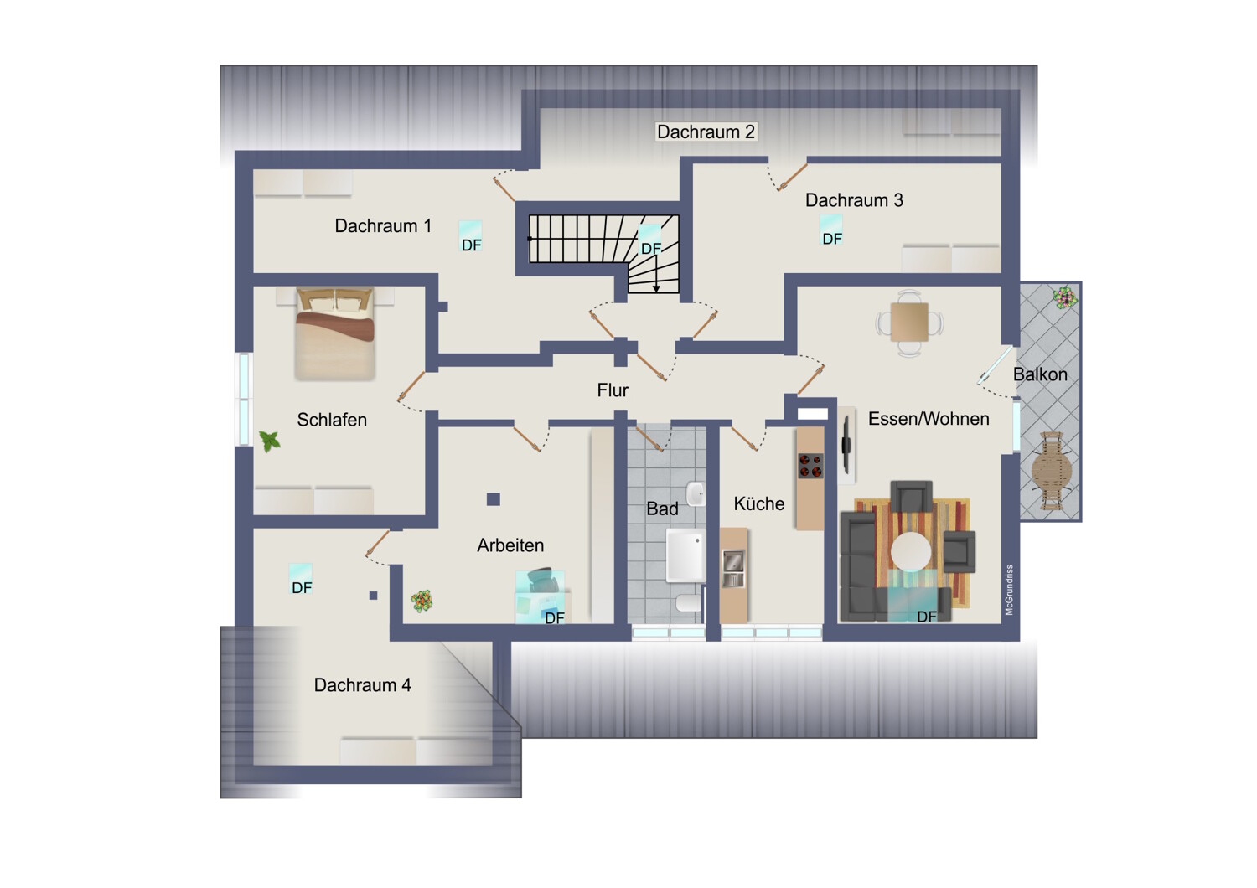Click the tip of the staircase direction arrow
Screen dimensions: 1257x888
coord(656,292)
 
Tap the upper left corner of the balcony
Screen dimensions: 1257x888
coord(1020,281)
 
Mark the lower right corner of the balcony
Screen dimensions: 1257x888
coord(1081,521)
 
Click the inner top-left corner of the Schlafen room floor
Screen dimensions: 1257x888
coord(254,287)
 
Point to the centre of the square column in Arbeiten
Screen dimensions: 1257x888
coord(494,499)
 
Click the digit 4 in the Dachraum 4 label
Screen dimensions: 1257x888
coord(406,685)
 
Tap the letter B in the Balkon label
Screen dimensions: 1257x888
coord(1019,374)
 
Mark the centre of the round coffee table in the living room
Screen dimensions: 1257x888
coord(910,551)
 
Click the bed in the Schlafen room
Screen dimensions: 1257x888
coord(335,333)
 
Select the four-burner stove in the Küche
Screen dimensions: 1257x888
coord(811,466)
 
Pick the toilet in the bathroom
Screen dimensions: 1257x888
coord(688,603)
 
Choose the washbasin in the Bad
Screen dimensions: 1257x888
coord(696,493)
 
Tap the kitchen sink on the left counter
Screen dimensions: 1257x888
coord(733,569)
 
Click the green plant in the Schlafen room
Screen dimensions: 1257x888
coord(270,441)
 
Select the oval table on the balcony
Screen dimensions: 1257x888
coord(1051,470)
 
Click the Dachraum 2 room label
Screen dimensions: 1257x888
coord(706,132)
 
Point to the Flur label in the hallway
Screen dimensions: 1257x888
coord(613,390)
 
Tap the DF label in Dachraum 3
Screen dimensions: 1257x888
coord(832,239)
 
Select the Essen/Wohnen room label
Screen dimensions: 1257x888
coord(929,419)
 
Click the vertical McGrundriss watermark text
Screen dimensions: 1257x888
coord(1009,590)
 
